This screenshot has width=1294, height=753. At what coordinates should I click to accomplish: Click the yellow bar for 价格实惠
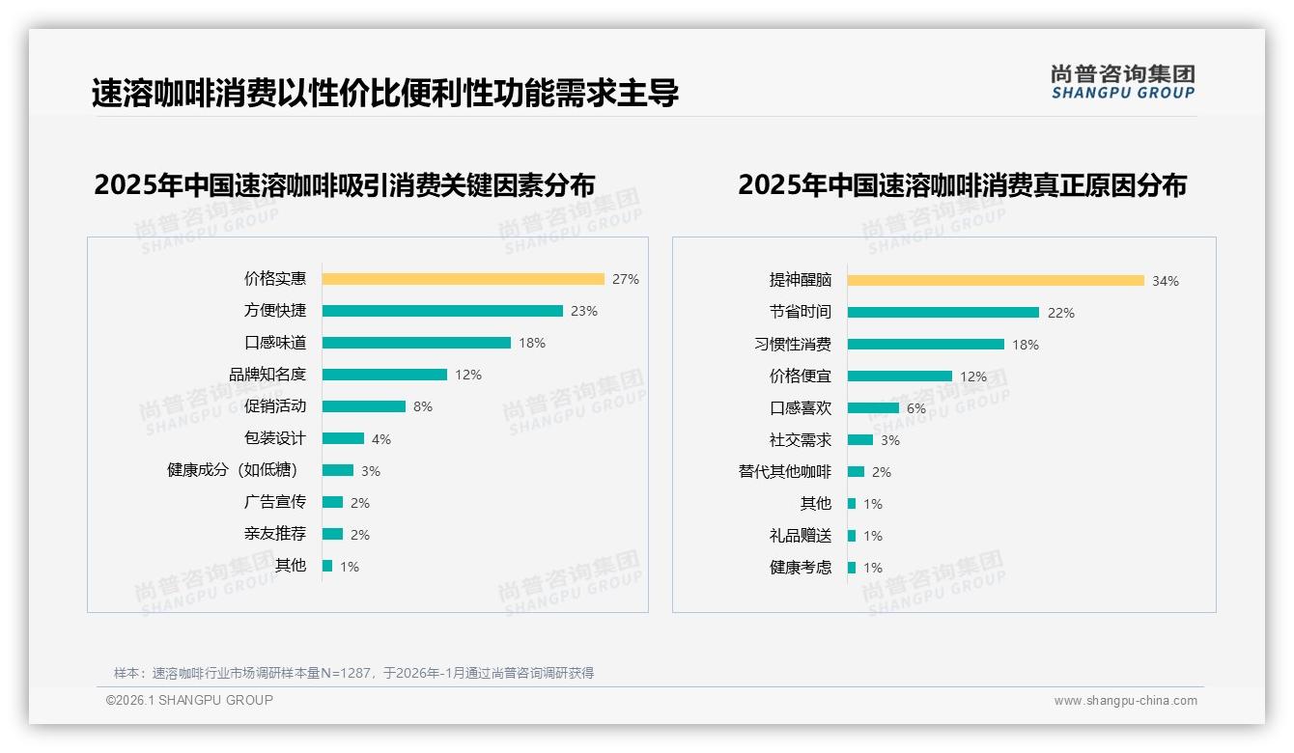pyautogui.click(x=463, y=279)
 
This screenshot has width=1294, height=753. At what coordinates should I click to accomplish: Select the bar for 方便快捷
pyautogui.click(x=442, y=311)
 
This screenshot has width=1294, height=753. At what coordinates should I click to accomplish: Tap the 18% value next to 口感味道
pyautogui.click(x=532, y=343)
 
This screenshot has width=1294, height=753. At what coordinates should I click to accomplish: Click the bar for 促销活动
pyautogui.click(x=364, y=406)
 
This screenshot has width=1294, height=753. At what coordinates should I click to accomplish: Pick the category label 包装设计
pyautogui.click(x=274, y=438)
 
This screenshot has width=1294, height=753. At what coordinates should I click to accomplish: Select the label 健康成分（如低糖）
pyautogui.click(x=233, y=470)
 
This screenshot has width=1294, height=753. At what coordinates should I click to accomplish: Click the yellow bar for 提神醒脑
pyautogui.click(x=996, y=281)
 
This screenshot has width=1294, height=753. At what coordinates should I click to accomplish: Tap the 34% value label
pyautogui.click(x=1165, y=281)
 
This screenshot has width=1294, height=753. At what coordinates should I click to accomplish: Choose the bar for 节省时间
pyautogui.click(x=943, y=313)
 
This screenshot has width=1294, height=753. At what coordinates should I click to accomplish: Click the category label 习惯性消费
pyautogui.click(x=792, y=345)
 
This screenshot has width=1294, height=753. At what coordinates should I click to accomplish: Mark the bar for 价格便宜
pyautogui.click(x=900, y=376)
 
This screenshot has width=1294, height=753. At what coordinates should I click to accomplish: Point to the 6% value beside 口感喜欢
pyautogui.click(x=915, y=408)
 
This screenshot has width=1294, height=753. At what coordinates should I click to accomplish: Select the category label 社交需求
pyautogui.click(x=800, y=440)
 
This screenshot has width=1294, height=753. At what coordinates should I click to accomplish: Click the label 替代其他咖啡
pyautogui.click(x=784, y=472)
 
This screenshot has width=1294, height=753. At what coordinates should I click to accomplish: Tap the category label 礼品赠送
pyautogui.click(x=800, y=536)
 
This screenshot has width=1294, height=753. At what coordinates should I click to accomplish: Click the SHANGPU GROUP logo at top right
pyautogui.click(x=1122, y=81)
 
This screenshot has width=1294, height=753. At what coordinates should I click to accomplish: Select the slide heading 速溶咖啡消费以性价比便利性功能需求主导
pyautogui.click(x=385, y=93)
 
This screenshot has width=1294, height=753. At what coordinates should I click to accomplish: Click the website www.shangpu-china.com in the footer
pyautogui.click(x=1125, y=701)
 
